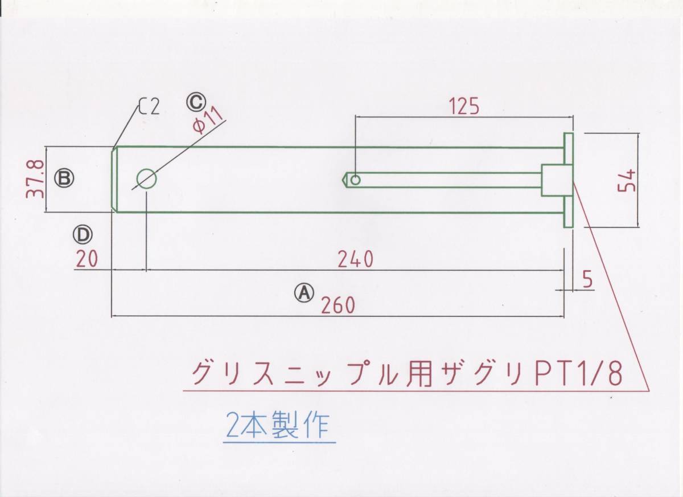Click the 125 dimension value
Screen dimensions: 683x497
464,106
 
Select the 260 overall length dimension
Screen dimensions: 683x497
338,305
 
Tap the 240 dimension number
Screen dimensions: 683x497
355,259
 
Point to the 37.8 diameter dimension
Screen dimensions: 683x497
35,178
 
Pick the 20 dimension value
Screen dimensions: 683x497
86,259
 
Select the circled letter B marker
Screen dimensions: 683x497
64,178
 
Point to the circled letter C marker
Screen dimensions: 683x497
195,103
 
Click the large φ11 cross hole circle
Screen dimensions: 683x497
146,179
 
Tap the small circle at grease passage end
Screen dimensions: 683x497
356,180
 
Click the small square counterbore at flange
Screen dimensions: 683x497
552,180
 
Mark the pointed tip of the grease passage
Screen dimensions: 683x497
345,180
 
